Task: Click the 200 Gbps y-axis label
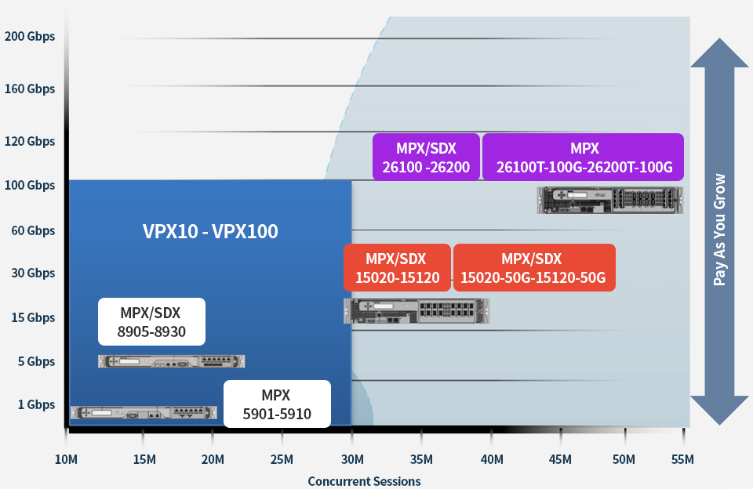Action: [x=30, y=36]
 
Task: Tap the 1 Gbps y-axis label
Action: [x=36, y=404]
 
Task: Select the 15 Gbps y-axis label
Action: [x=33, y=317]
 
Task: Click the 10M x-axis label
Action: [x=65, y=459]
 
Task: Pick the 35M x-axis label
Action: [x=421, y=459]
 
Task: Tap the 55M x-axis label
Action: [x=682, y=459]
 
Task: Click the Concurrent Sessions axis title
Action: [x=364, y=481]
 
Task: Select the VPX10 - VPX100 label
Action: [x=210, y=231]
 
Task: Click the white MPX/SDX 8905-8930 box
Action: [x=151, y=321]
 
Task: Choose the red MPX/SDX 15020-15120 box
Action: [x=397, y=267]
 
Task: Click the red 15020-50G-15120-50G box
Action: [x=533, y=267]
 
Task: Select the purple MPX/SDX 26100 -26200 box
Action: [x=426, y=157]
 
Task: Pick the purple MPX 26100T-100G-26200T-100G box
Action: [x=583, y=157]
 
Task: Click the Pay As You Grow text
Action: [x=719, y=229]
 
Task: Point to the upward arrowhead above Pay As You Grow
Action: [x=719, y=53]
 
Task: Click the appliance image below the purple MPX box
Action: [x=609, y=200]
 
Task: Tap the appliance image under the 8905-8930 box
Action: [x=171, y=361]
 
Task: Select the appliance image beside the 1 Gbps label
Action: [x=143, y=412]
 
